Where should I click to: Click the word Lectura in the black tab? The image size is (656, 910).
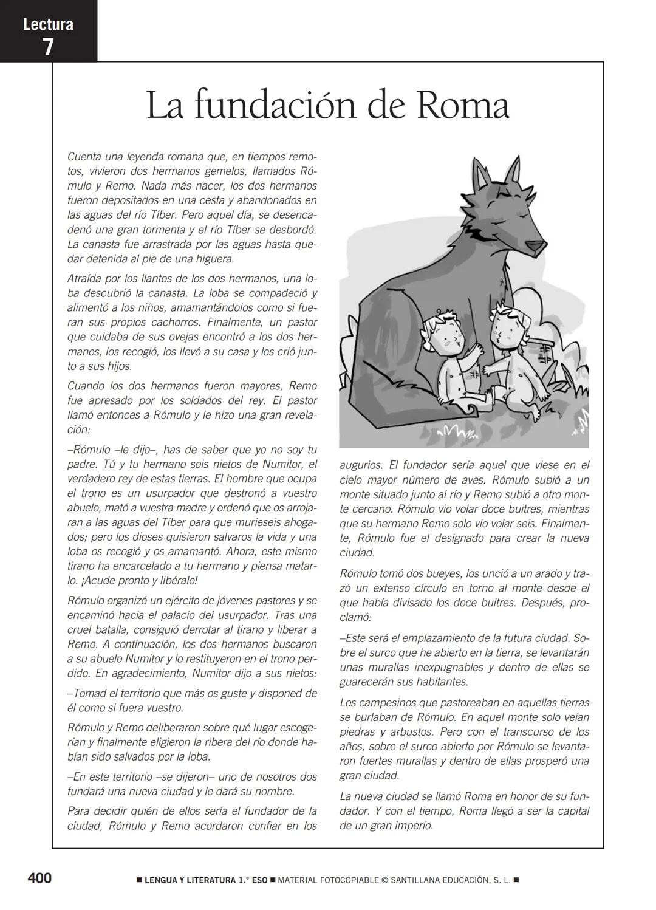pyautogui.click(x=48, y=25)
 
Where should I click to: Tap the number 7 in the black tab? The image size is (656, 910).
pyautogui.click(x=48, y=47)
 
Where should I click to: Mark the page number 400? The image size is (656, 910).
pyautogui.click(x=39, y=878)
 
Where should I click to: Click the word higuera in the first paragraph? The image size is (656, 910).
pyautogui.click(x=213, y=259)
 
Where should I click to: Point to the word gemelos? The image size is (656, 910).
pyautogui.click(x=221, y=171)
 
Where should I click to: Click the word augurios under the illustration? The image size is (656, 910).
pyautogui.click(x=360, y=465)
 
